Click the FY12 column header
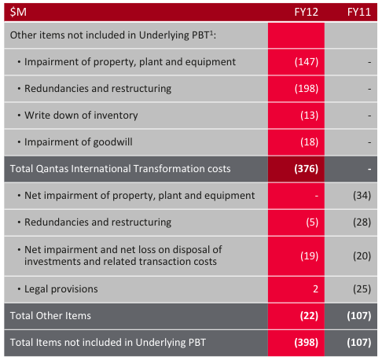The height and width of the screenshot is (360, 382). [306, 12]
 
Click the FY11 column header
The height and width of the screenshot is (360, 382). [359, 12]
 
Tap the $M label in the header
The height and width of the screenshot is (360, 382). [18, 12]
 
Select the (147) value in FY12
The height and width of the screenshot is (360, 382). [307, 62]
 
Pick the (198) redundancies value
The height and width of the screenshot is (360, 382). [307, 89]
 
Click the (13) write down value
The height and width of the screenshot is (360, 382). [310, 116]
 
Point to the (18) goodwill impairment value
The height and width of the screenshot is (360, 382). [310, 142]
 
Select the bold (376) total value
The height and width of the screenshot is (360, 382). [306, 169]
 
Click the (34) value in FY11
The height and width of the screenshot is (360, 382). [362, 196]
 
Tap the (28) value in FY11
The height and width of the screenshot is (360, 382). [362, 222]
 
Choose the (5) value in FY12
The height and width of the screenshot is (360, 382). [312, 222]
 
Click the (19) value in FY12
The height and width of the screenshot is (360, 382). [310, 256]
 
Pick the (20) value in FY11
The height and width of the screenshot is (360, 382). [362, 256]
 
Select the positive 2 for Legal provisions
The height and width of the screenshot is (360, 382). [316, 289]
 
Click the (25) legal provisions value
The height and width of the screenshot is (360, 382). [362, 289]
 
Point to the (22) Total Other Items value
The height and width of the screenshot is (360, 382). [309, 316]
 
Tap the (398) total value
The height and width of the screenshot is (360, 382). [306, 343]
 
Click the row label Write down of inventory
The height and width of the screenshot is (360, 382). [81, 116]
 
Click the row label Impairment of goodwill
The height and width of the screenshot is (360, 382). [79, 142]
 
